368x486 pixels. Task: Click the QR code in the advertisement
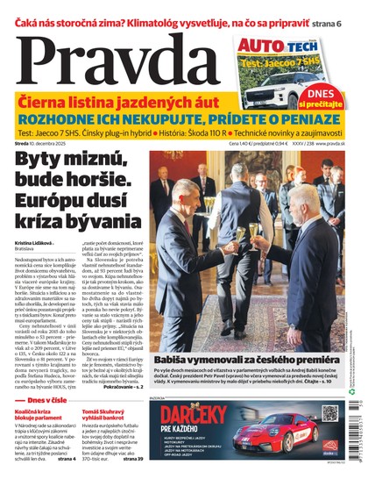point(330,412)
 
